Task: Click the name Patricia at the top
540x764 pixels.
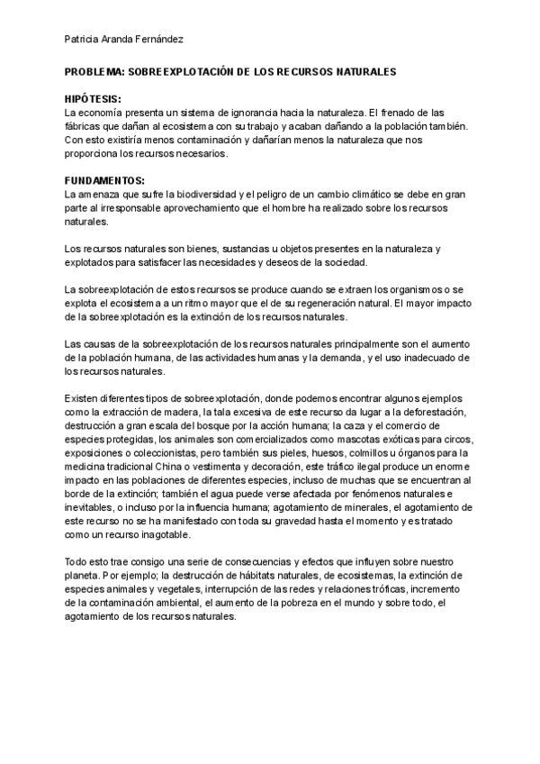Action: pyautogui.click(x=83, y=41)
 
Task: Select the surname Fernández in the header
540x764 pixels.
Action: pyautogui.click(x=161, y=41)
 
